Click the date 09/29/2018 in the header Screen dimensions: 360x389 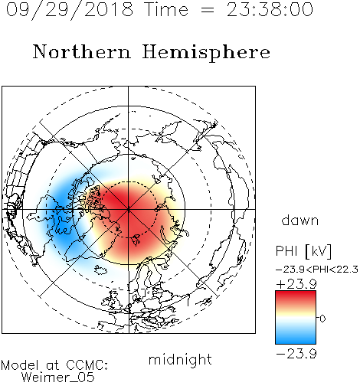(70, 10)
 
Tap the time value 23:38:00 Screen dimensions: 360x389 (270, 10)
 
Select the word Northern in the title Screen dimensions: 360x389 (82, 52)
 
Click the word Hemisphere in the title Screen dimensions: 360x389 (206, 52)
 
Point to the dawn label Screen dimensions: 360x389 (300, 221)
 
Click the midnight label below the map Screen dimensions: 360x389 (180, 359)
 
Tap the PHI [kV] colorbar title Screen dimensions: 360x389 (303, 251)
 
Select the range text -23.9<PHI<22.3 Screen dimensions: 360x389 (317, 270)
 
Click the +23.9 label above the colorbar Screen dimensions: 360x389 (296, 284)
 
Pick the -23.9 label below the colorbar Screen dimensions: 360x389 (296, 354)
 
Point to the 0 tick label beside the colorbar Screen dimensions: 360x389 (322, 319)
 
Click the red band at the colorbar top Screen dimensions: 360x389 (296, 296)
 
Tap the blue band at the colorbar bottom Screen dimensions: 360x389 (296, 339)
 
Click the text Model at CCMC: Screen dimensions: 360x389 (54, 365)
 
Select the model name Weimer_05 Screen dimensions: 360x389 (58, 378)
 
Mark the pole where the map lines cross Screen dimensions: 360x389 (128, 210)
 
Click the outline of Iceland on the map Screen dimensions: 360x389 (101, 270)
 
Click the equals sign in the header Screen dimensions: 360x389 (208, 10)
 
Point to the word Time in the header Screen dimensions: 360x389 (166, 10)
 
